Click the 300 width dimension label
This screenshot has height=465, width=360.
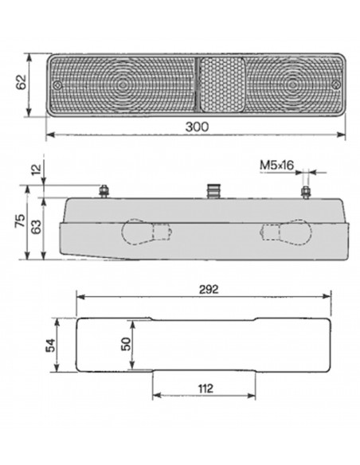(197, 127)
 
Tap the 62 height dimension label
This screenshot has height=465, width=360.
(22, 82)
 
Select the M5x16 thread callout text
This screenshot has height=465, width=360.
(276, 165)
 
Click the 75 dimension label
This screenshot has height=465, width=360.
(20, 221)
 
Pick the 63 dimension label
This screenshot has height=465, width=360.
(36, 227)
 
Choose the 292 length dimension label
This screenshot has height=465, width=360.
(209, 289)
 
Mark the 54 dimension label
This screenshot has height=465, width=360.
(51, 346)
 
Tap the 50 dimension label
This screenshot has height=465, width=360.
(126, 344)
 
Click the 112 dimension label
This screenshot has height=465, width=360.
(205, 389)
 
